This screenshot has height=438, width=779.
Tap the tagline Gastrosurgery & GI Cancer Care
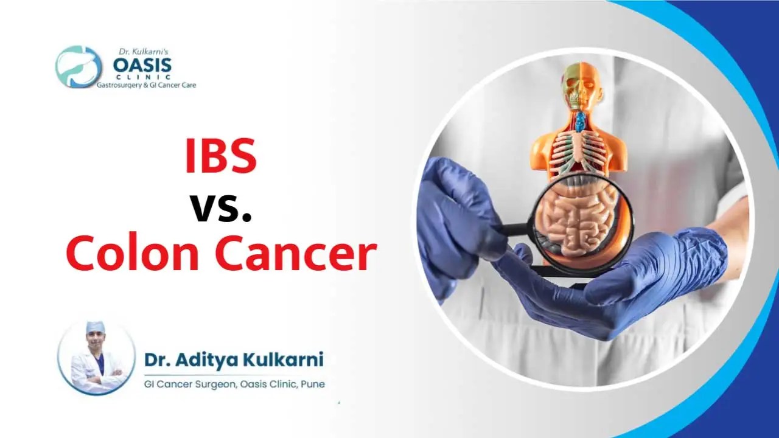tap(147, 85)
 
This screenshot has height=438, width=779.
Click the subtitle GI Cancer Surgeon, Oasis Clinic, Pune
tap(234, 384)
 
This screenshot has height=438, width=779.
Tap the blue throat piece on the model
tap(580, 122)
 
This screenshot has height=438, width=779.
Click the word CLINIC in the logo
tap(142, 77)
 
